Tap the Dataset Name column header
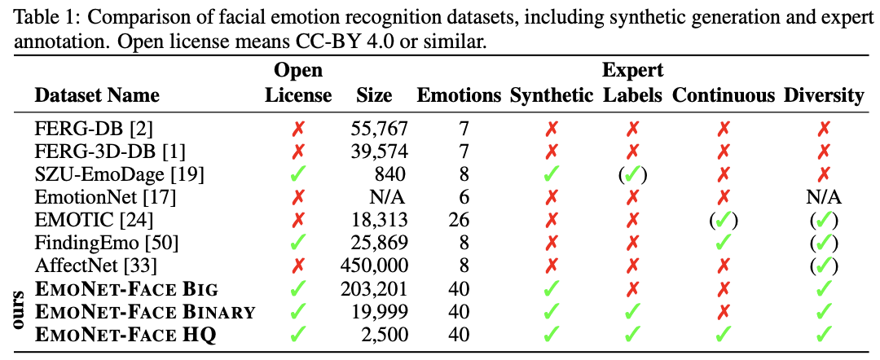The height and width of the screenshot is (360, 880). [97, 95]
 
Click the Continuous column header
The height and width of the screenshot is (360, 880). [724, 95]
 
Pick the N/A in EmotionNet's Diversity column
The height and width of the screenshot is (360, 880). [824, 197]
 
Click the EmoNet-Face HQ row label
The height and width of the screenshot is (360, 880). [125, 334]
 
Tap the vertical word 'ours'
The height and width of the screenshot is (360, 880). [19, 311]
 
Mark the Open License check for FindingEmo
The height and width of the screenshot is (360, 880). [298, 243]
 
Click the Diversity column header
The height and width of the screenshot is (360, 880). [824, 95]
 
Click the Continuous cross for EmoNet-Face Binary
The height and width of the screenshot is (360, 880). [724, 311]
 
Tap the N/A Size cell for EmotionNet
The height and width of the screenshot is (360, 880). [390, 197]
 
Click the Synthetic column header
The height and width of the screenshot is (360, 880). [552, 95]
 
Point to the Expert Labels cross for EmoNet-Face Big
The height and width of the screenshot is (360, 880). [632, 288]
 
